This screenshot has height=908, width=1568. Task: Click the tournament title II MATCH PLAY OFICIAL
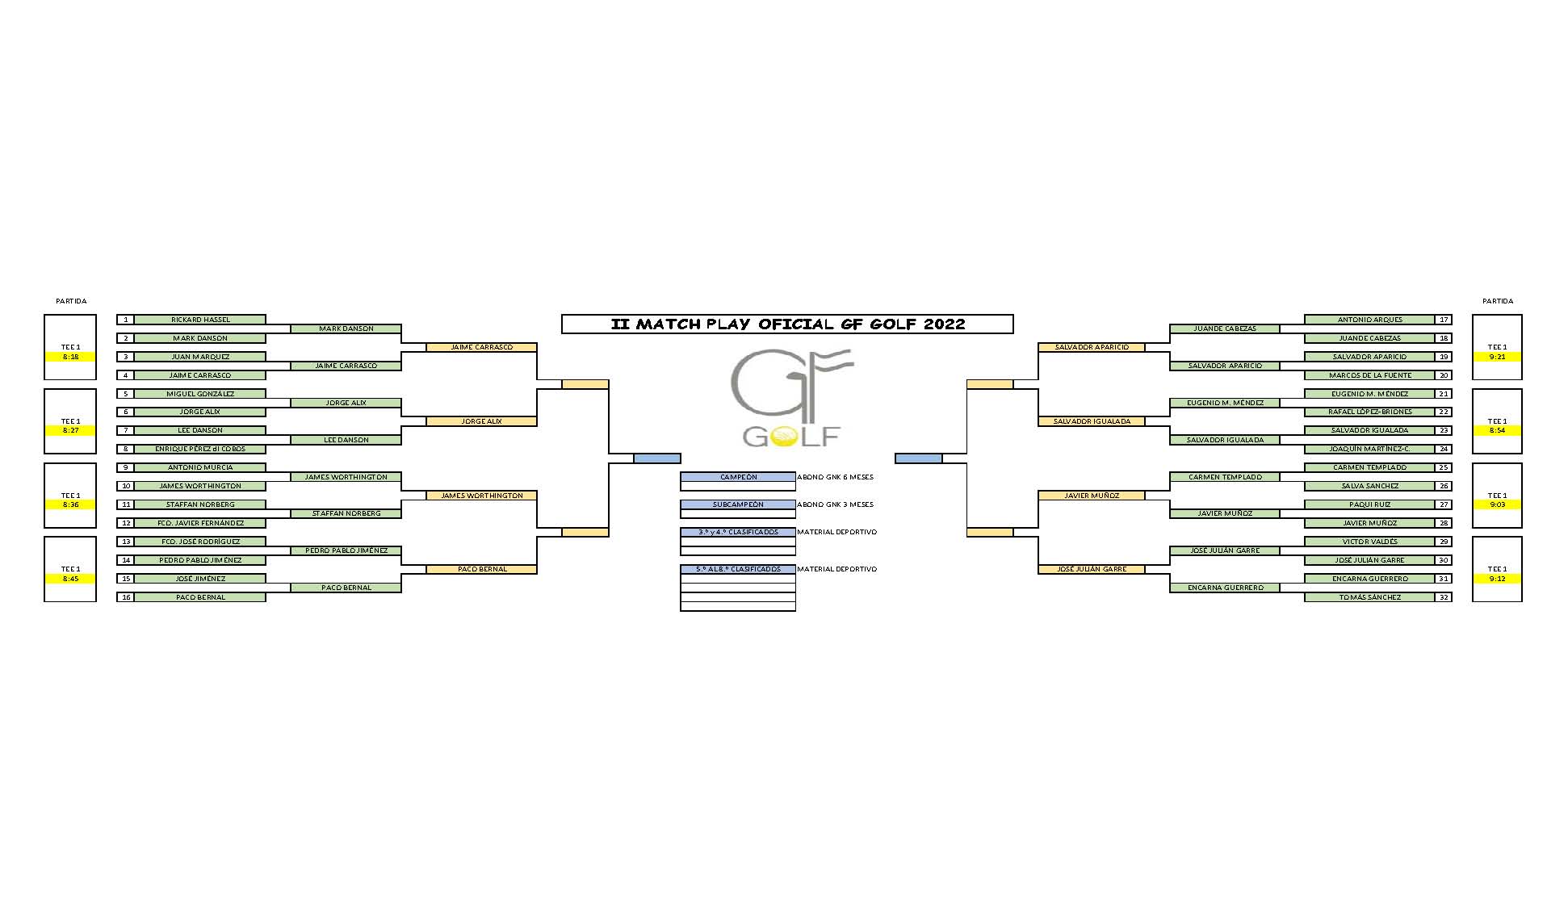coord(787,324)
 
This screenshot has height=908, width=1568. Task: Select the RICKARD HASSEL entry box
coord(200,320)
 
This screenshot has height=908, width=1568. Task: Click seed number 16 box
coord(125,597)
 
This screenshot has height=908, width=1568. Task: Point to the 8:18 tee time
coord(71,357)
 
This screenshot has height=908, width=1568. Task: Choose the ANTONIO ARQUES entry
coord(1369,320)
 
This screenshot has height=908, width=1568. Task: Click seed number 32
coord(1443,597)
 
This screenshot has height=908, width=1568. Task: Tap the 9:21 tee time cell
coord(1497,357)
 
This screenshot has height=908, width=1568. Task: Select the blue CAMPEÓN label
coord(738,477)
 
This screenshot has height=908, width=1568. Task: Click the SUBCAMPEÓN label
coord(738,504)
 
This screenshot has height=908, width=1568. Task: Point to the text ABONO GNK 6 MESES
coord(835,477)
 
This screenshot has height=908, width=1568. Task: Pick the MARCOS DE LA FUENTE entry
coord(1369,375)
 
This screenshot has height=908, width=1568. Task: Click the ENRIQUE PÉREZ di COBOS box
coord(200,449)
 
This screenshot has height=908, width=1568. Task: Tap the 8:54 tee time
coord(1497,430)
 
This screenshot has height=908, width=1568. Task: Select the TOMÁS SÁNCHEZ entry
coord(1369,597)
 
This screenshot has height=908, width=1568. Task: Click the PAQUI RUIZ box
coord(1369,504)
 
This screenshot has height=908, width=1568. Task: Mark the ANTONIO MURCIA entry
coord(200,467)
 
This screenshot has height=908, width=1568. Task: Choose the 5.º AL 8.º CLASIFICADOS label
coord(738,569)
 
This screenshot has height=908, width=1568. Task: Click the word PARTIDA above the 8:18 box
coord(71,301)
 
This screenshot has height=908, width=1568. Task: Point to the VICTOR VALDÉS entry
coord(1369,542)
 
